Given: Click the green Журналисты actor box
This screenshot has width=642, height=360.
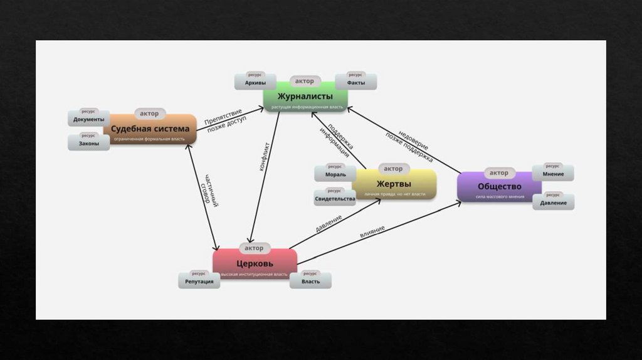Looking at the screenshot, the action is (x=305, y=99).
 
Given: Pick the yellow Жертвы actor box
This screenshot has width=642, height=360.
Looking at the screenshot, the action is (x=394, y=185).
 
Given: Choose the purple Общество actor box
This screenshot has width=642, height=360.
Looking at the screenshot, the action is (x=499, y=188).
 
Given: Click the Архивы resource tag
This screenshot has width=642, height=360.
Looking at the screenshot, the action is (x=255, y=83).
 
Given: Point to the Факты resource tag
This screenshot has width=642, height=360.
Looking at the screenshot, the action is (x=356, y=83).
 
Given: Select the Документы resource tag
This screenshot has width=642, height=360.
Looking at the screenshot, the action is (x=88, y=119).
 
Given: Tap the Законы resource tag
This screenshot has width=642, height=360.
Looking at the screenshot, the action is (x=88, y=144).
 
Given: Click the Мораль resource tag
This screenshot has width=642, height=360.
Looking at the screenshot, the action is (x=335, y=174).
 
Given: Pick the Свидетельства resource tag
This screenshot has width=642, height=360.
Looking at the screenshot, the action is (x=335, y=199).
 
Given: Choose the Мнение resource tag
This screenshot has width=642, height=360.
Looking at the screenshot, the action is (x=554, y=174).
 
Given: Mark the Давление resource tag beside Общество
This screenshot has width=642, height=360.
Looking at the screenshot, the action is (x=554, y=203).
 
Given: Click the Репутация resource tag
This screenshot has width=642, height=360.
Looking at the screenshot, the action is (x=199, y=282).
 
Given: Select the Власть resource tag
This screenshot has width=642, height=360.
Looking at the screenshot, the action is (x=310, y=282).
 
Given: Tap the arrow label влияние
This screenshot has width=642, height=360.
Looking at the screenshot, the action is (x=372, y=231).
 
